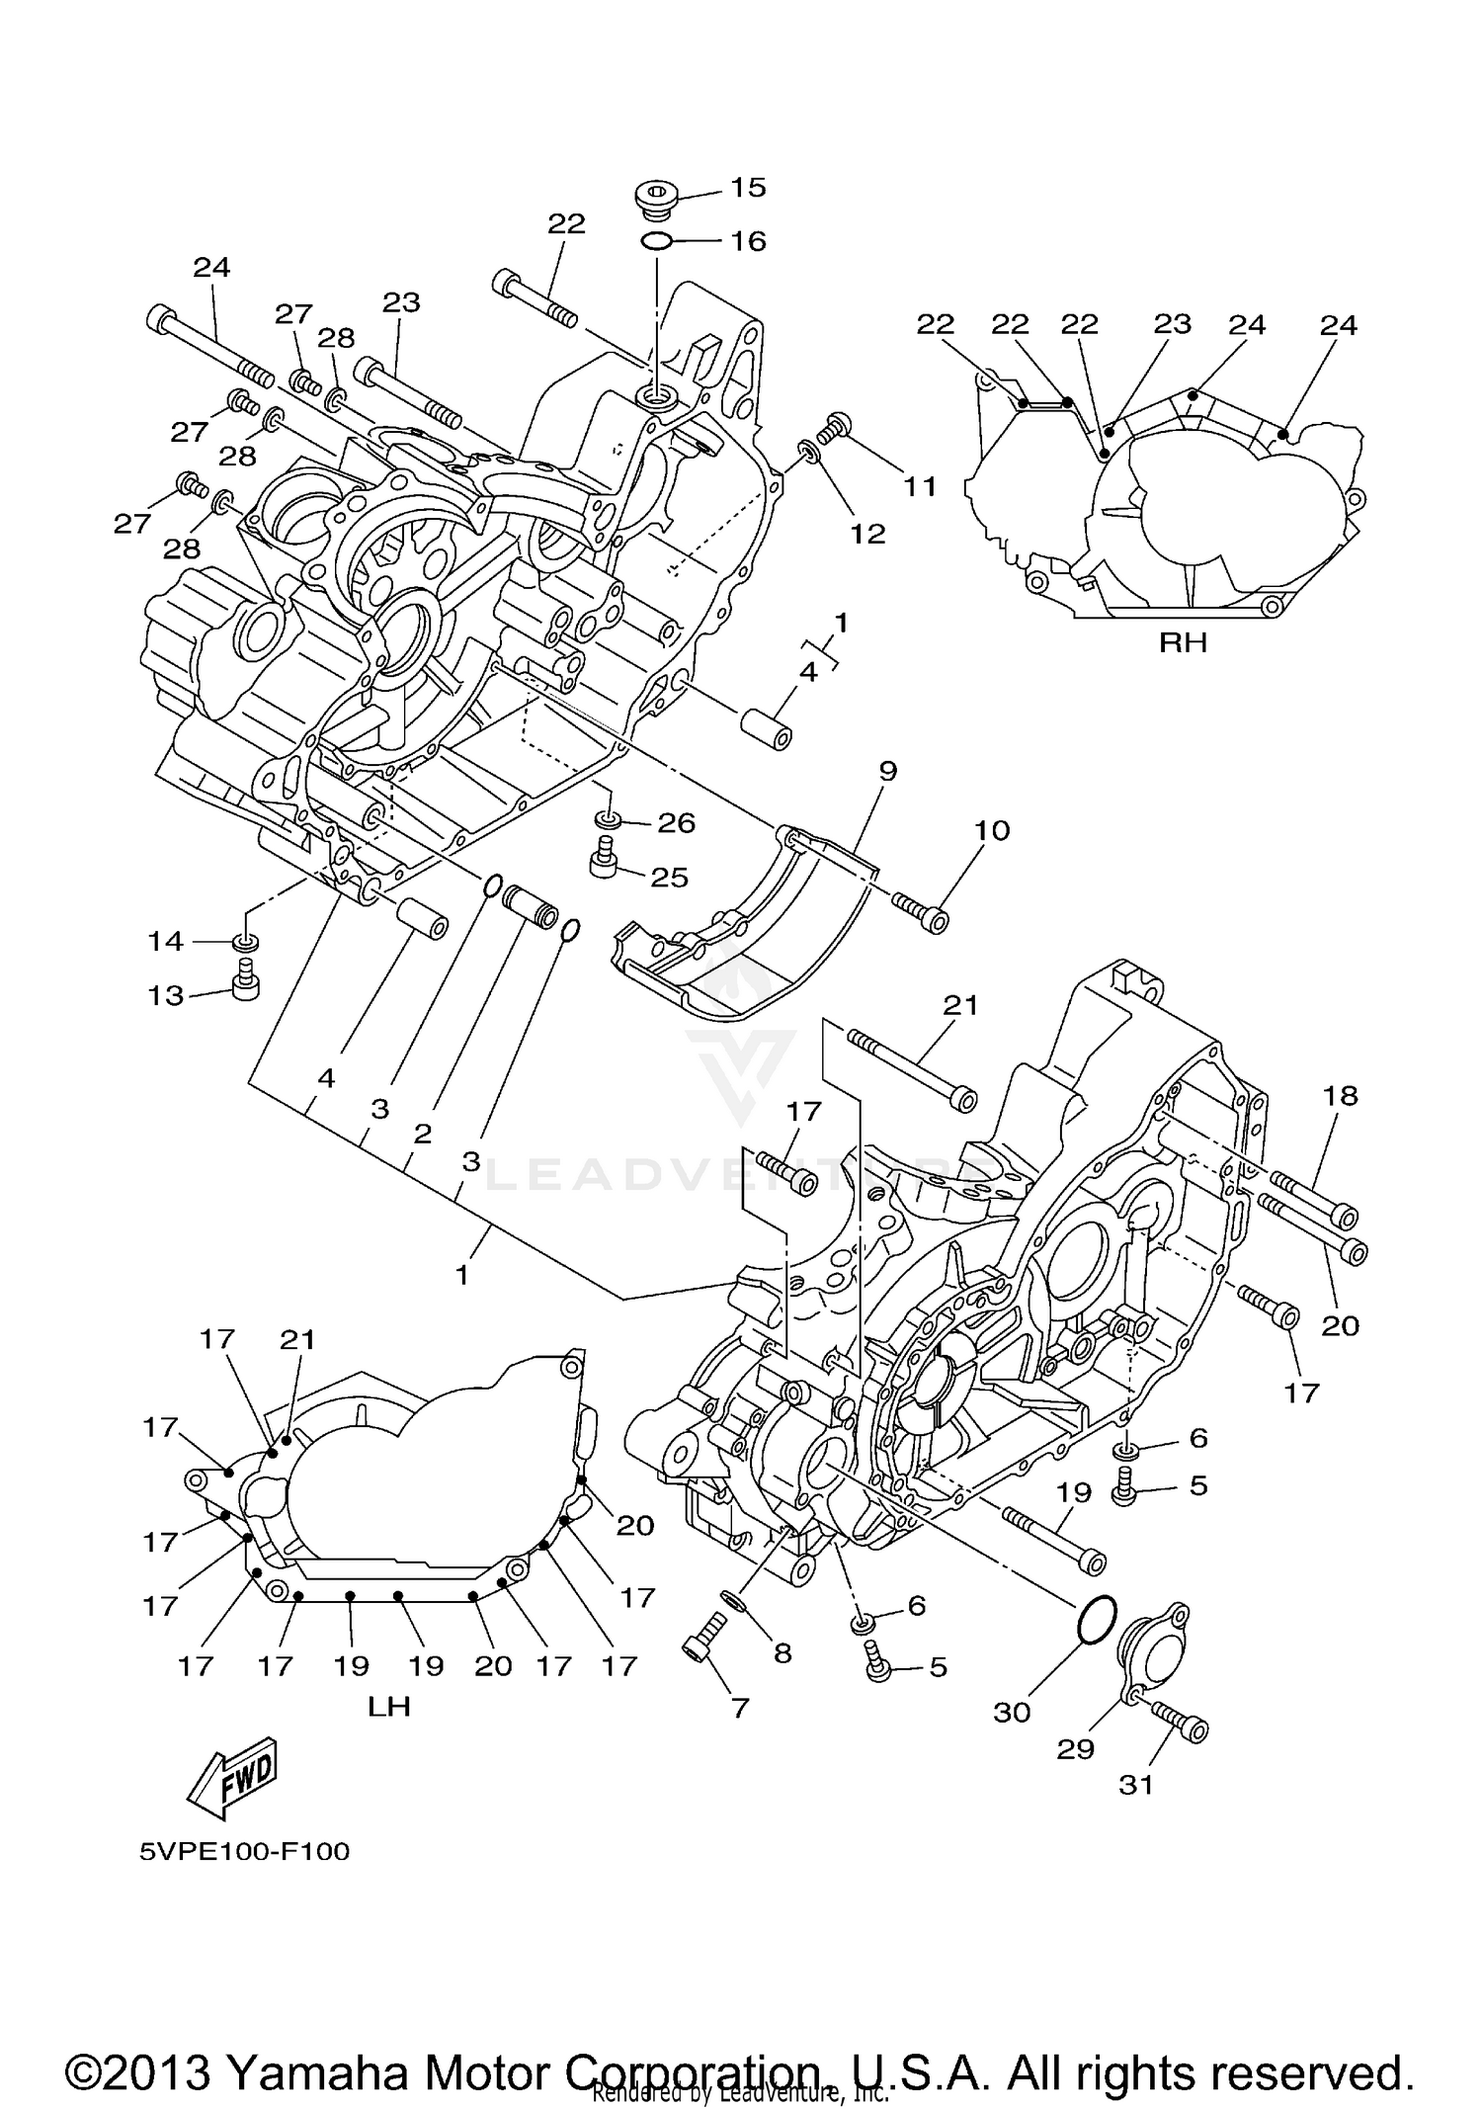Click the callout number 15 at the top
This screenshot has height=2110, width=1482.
click(x=748, y=188)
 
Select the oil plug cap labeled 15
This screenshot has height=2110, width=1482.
click(x=653, y=198)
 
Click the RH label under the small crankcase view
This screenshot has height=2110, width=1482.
click(x=1183, y=643)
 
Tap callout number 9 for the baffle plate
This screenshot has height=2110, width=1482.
click(x=886, y=771)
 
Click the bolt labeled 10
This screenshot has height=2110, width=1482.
click(x=923, y=910)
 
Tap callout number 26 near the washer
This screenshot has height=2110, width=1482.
click(x=677, y=822)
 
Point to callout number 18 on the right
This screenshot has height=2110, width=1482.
click(x=1341, y=1095)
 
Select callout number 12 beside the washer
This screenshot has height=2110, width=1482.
click(x=867, y=534)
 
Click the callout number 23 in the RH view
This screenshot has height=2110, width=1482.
click(x=1173, y=324)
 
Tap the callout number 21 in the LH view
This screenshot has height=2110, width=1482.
click(x=296, y=1339)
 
